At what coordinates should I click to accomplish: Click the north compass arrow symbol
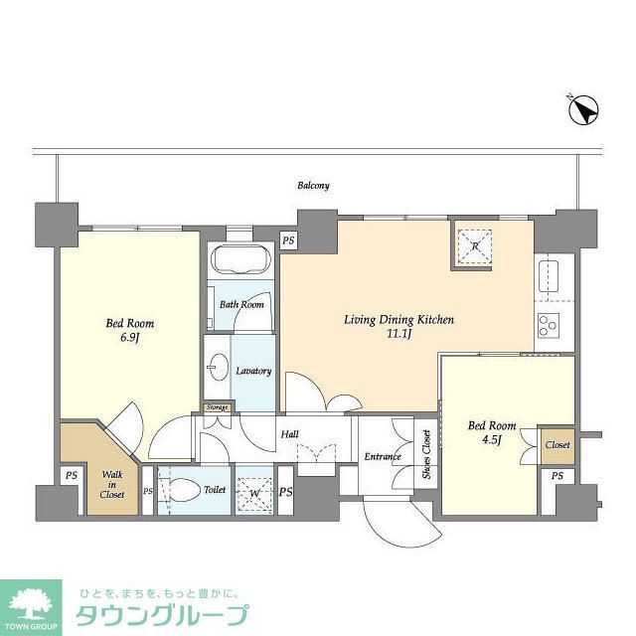click(x=583, y=110)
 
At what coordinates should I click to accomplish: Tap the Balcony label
click(x=313, y=186)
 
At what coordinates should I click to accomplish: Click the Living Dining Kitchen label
click(x=398, y=320)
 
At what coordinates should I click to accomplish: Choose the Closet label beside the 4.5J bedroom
click(x=557, y=445)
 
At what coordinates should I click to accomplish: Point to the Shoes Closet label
click(x=427, y=454)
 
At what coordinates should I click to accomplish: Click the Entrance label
click(x=382, y=458)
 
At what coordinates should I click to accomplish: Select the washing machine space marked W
click(x=253, y=491)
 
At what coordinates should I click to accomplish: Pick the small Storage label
click(x=217, y=407)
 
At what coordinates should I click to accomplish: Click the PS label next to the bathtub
click(x=288, y=240)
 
